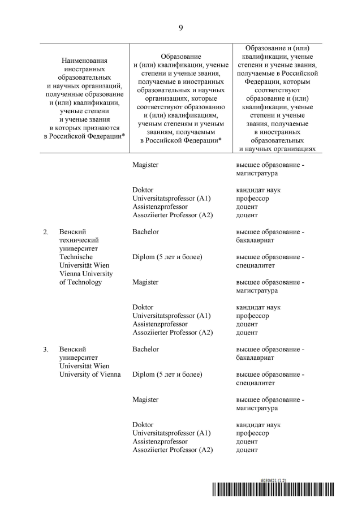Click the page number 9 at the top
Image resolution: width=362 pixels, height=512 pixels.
(180, 27)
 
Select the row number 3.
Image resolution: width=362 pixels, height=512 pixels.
(45, 350)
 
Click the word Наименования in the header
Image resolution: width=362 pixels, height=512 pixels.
(84, 60)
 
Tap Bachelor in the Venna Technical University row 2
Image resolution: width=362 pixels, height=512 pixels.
(145, 232)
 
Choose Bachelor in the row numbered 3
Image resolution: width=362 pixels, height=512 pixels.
(145, 349)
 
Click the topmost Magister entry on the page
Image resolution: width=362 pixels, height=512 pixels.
(145, 165)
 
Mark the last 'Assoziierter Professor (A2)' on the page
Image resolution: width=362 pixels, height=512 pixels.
(173, 450)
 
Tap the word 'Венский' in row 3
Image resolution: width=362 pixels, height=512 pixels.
(72, 349)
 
